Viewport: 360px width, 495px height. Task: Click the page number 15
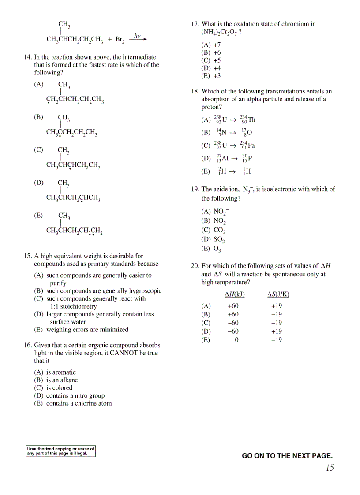click(330, 468)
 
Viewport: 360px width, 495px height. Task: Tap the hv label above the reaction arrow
click(137, 36)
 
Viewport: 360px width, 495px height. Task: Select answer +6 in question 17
click(217, 52)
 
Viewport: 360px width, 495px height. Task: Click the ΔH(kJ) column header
click(234, 294)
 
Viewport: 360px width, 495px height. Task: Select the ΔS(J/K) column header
click(278, 294)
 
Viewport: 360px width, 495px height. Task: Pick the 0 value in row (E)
click(236, 340)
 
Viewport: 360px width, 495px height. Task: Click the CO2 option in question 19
click(219, 230)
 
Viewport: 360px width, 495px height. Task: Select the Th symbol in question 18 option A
click(251, 120)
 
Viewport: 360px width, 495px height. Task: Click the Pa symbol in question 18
click(251, 145)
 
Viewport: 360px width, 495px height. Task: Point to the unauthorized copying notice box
click(60, 451)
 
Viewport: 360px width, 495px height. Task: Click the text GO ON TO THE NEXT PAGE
click(287, 456)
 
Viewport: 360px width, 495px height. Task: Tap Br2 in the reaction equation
click(120, 40)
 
